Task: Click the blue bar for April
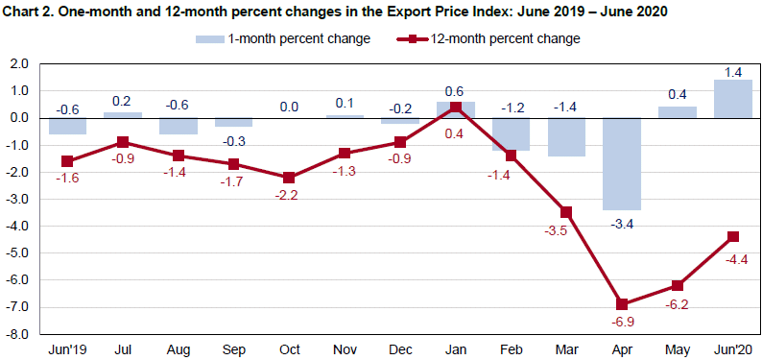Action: [x=622, y=163]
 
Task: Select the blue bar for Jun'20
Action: [x=732, y=99]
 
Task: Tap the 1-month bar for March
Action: [x=566, y=136]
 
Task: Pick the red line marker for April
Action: [x=622, y=304]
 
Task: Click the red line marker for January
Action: [x=456, y=107]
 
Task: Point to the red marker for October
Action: [x=289, y=178]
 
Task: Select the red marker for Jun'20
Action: [x=732, y=236]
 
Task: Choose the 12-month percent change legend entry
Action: [x=487, y=39]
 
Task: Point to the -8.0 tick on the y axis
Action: [x=18, y=335]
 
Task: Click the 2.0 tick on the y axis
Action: [x=20, y=64]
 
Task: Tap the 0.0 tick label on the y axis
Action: [x=20, y=118]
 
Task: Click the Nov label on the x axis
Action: [x=345, y=348]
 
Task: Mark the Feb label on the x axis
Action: [x=511, y=348]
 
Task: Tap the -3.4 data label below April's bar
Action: [x=622, y=224]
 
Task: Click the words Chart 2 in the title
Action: [x=32, y=11]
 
